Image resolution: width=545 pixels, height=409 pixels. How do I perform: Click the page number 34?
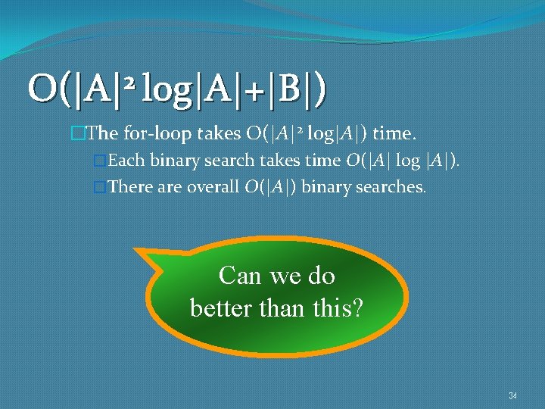[512, 395]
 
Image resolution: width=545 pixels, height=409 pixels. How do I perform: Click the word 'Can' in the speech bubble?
[240, 276]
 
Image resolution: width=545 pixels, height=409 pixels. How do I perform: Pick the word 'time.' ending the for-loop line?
[394, 134]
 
